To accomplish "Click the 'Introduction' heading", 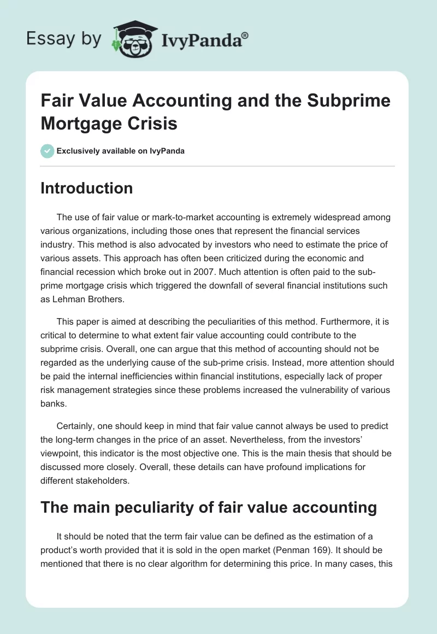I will pyautogui.click(x=87, y=189).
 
